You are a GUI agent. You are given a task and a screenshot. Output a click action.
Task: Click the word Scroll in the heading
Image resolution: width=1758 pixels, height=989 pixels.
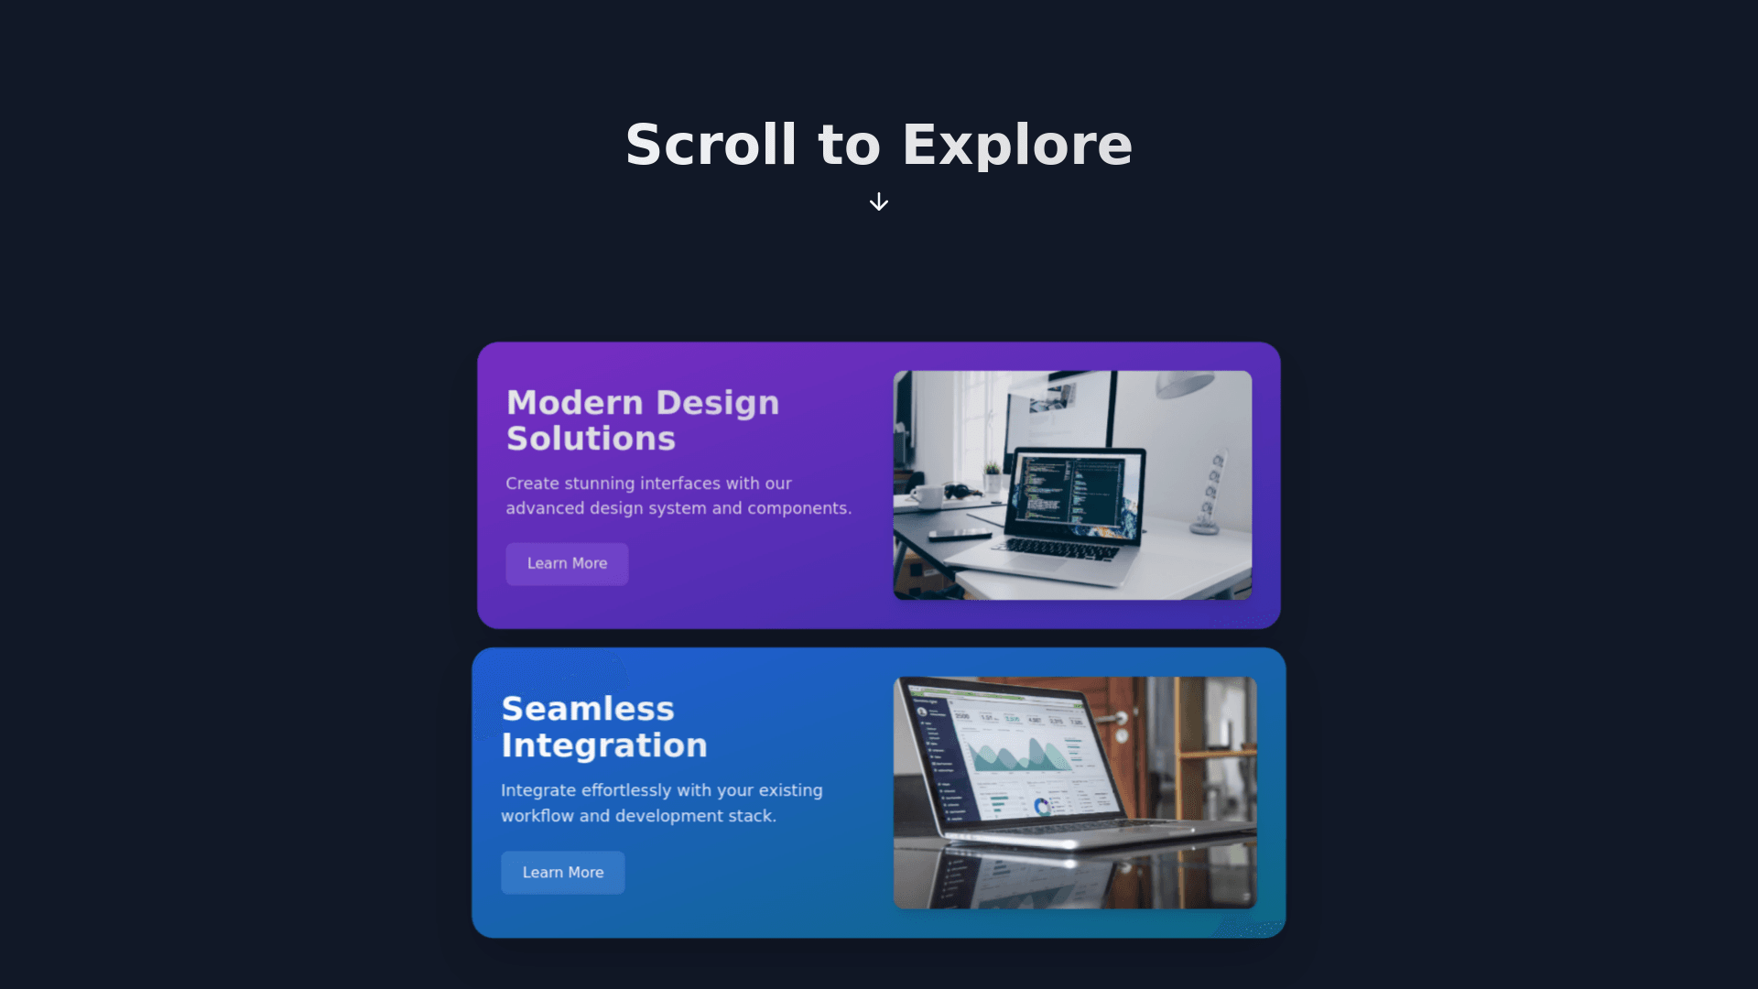click(711, 145)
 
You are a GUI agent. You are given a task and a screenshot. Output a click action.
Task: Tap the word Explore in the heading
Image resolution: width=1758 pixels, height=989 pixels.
click(1017, 145)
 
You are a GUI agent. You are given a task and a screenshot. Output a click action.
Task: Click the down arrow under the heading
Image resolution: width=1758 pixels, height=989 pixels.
click(879, 201)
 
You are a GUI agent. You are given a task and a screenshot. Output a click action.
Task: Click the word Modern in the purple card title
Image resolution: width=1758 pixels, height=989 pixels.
click(575, 403)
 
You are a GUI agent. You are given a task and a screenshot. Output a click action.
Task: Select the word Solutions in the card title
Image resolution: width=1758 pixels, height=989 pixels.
click(591, 439)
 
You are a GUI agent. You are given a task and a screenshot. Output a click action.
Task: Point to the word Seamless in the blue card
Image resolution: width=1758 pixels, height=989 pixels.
click(588, 709)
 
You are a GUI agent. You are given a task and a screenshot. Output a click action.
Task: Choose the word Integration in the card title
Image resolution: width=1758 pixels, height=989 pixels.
click(604, 745)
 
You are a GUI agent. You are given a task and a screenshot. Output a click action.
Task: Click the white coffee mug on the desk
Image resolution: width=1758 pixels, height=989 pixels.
click(927, 496)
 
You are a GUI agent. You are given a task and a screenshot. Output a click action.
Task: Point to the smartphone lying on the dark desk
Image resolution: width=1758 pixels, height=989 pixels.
click(960, 534)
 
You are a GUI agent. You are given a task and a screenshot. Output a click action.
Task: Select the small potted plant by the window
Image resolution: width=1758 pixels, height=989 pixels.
click(992, 477)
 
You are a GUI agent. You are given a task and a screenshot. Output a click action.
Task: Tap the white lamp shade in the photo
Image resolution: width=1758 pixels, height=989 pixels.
click(1185, 384)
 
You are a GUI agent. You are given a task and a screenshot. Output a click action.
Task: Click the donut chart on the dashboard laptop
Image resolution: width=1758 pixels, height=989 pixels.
click(1042, 807)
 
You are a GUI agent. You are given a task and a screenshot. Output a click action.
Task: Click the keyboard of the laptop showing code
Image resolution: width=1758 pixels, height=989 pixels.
click(1062, 549)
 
